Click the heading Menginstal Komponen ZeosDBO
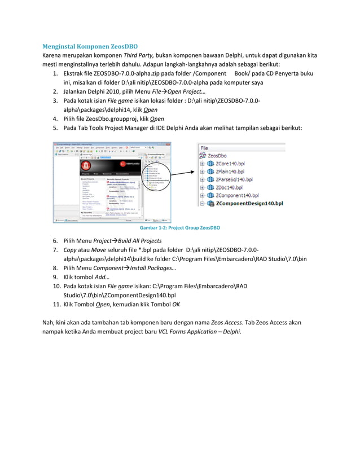tap(91, 46)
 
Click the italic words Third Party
tap(138, 55)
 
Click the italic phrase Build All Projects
tap(135, 240)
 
